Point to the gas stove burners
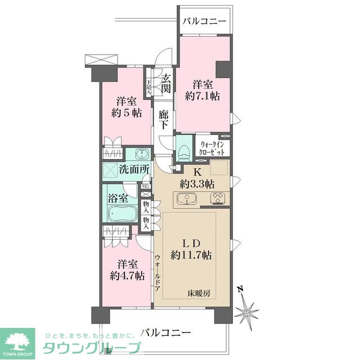tap(217, 199)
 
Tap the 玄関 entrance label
tap(166, 84)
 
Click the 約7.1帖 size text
tap(202, 96)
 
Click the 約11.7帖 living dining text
tap(191, 255)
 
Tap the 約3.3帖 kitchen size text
tap(196, 183)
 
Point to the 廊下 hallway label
tap(164, 119)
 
